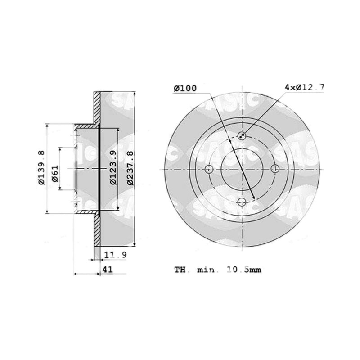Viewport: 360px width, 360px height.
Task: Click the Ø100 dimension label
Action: pyautogui.click(x=185, y=88)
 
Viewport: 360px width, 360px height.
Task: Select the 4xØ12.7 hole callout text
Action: pyautogui.click(x=304, y=87)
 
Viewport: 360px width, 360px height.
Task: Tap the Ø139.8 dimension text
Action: pyautogui.click(x=41, y=168)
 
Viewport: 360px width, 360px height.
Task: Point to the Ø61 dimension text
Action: pyautogui.click(x=55, y=173)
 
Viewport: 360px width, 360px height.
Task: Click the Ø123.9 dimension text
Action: pyautogui.click(x=113, y=168)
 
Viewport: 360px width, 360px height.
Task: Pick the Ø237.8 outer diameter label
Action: pyautogui.click(x=130, y=168)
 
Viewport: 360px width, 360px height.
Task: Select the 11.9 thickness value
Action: pyautogui.click(x=115, y=255)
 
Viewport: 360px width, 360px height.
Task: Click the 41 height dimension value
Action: pyautogui.click(x=108, y=269)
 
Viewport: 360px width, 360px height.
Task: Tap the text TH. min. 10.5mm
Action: pyautogui.click(x=218, y=270)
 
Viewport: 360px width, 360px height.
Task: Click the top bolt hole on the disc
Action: pyautogui.click(x=242, y=136)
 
